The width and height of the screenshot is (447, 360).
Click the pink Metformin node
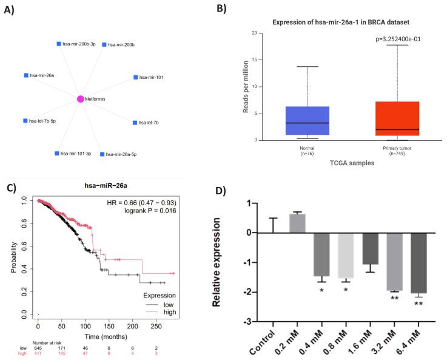80,99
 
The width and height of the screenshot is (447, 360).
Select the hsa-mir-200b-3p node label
79,44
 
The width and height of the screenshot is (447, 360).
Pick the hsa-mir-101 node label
151,78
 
